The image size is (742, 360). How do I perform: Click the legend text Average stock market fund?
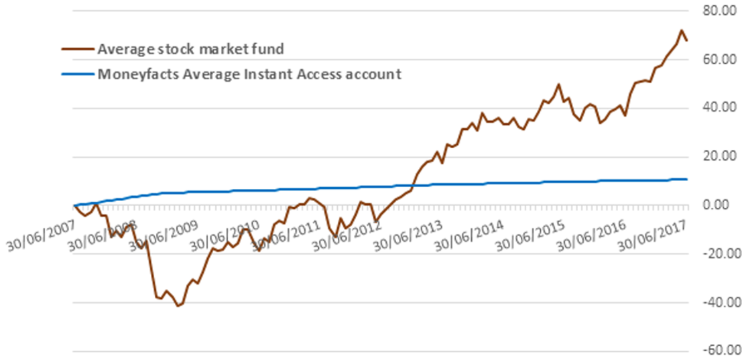tap(190, 49)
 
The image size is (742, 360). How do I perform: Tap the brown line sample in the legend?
tap(76, 49)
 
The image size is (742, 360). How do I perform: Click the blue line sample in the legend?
tap(76, 74)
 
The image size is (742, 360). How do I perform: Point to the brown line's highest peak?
tap(681, 30)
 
